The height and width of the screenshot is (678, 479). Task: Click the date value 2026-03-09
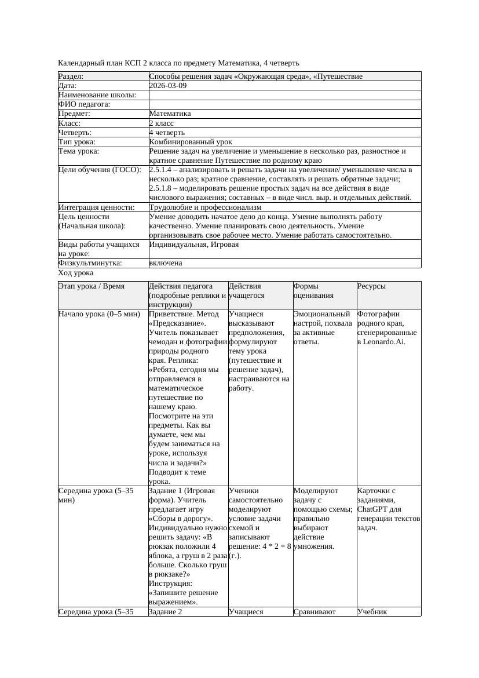(x=167, y=86)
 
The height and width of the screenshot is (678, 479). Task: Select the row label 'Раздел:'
(x=71, y=76)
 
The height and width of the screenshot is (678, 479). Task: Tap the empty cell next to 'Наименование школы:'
(x=284, y=95)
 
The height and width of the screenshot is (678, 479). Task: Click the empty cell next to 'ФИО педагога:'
(x=284, y=104)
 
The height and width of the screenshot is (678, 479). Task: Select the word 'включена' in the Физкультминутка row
(x=165, y=263)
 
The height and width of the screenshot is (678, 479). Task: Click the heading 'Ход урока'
(x=76, y=272)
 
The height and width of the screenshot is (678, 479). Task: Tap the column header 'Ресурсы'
(x=371, y=286)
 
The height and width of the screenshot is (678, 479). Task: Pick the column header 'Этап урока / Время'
(x=91, y=286)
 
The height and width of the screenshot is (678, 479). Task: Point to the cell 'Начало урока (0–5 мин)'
(x=99, y=314)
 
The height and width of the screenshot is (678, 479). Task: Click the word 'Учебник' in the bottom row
(x=372, y=611)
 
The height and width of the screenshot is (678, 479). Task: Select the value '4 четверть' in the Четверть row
(x=167, y=132)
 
